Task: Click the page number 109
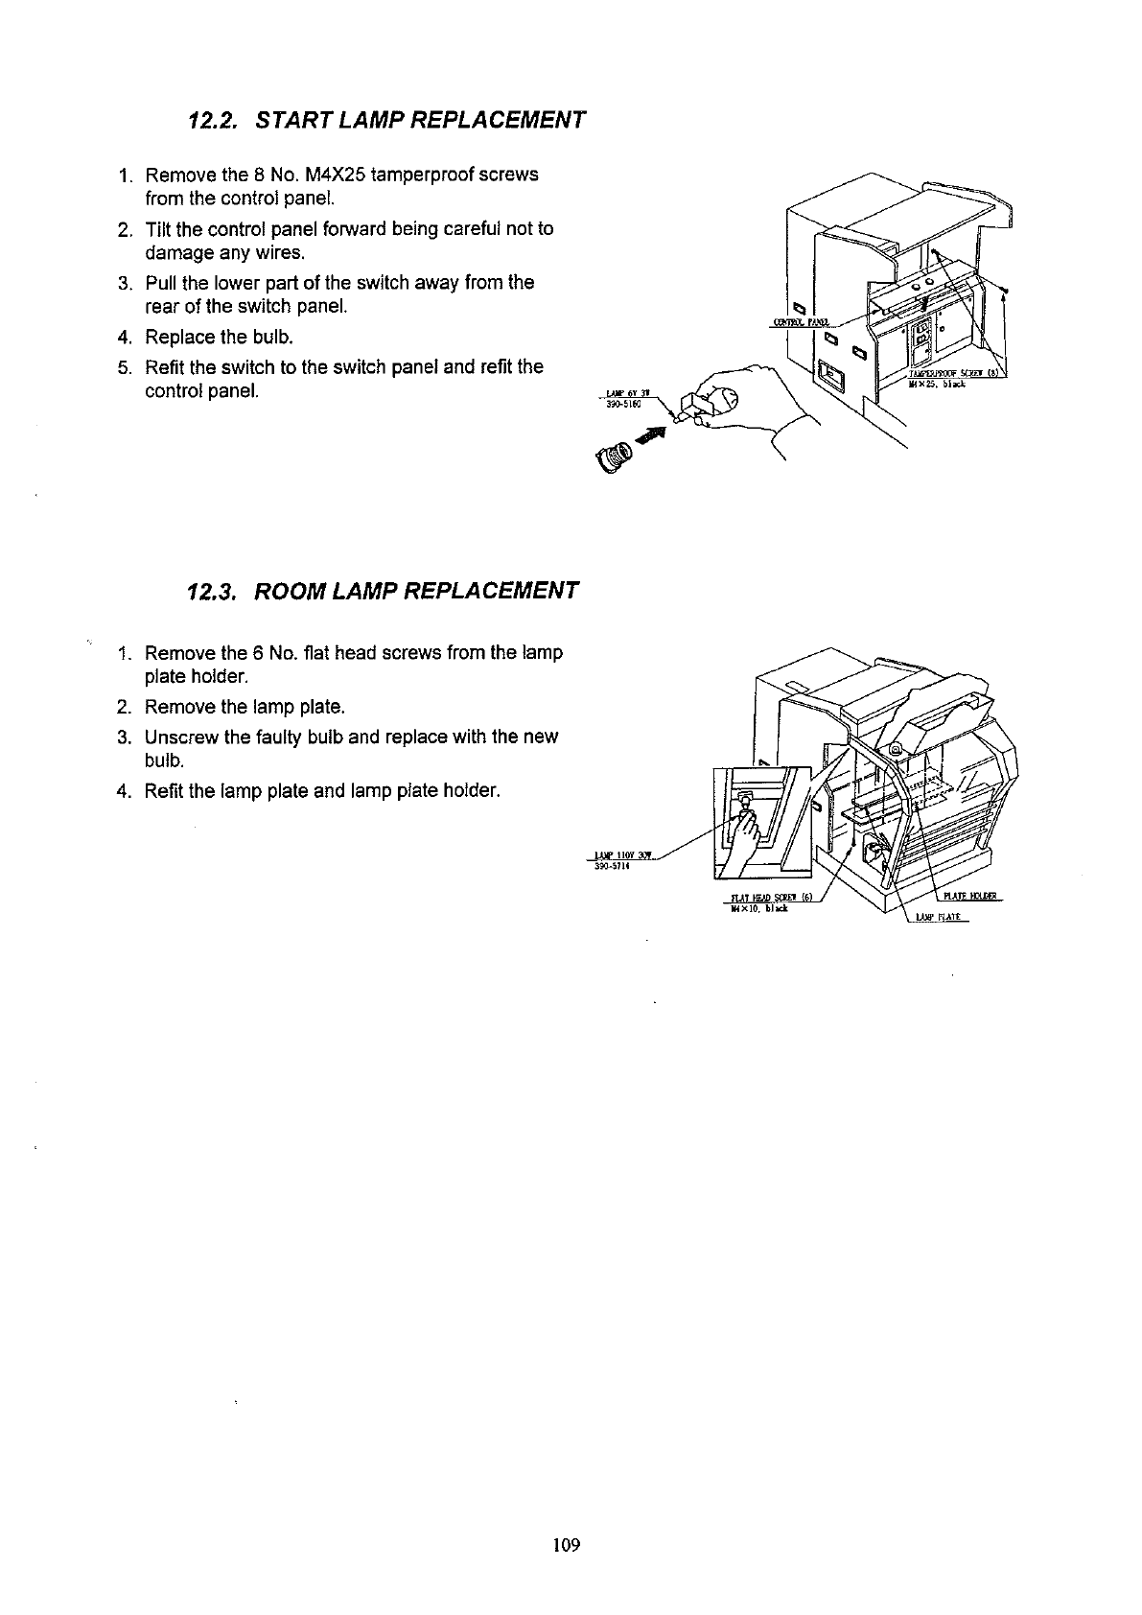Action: pos(568,1544)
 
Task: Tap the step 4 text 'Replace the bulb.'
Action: pos(219,338)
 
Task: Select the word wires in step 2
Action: pos(282,254)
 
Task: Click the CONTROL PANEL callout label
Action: pos(803,322)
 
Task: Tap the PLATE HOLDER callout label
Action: pos(970,898)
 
